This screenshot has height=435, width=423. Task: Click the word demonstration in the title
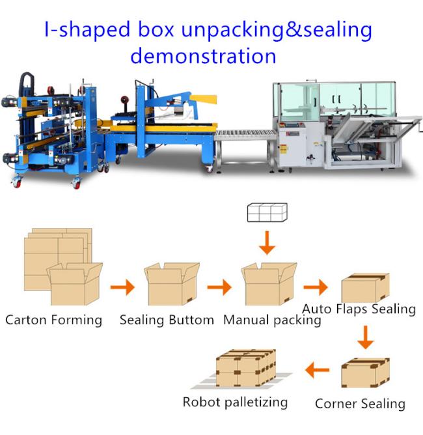click(203, 56)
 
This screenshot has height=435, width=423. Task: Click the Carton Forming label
click(54, 320)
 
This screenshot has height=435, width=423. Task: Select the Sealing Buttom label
click(167, 320)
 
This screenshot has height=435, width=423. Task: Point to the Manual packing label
click(272, 320)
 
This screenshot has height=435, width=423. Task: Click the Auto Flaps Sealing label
click(359, 309)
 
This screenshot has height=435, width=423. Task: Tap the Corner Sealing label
click(360, 404)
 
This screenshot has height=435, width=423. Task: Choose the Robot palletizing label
click(235, 402)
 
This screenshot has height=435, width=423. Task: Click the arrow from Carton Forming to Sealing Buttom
click(123, 287)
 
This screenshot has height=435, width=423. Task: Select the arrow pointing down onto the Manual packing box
click(267, 242)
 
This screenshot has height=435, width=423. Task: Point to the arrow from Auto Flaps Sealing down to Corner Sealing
click(366, 337)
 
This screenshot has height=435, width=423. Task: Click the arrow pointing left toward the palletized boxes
click(317, 370)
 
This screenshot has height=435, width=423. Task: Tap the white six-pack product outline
click(267, 212)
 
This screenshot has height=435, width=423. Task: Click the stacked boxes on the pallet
click(246, 368)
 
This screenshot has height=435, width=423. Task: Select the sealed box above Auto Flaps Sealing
click(365, 287)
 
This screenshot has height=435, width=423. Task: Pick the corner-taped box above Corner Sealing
click(365, 372)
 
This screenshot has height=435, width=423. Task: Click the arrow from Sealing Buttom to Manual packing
click(219, 287)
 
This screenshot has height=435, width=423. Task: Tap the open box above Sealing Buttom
click(172, 284)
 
